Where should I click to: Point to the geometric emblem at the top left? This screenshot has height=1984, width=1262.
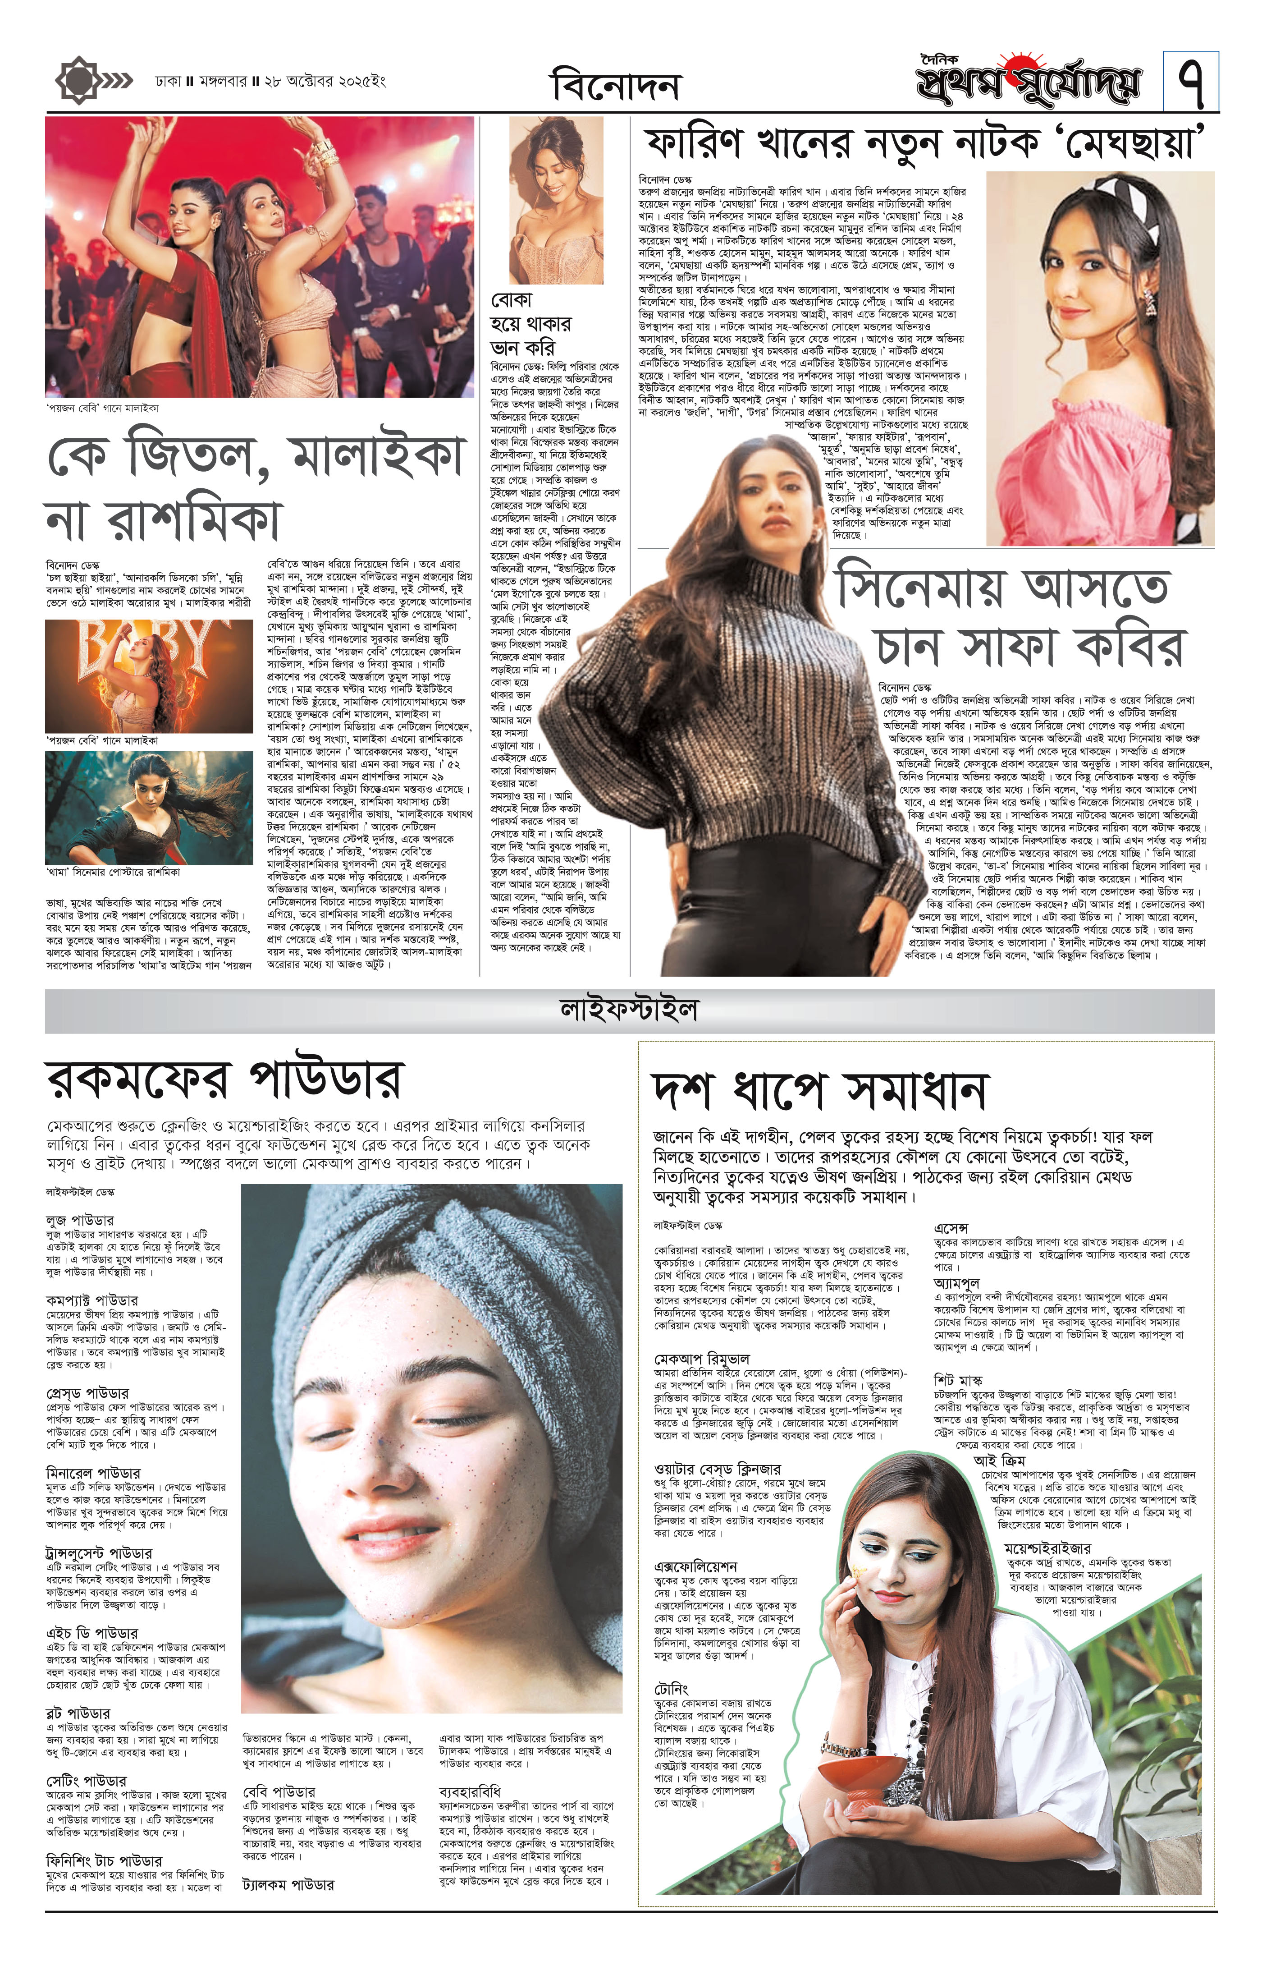[80, 80]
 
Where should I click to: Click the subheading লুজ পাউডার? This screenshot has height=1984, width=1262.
[80, 1219]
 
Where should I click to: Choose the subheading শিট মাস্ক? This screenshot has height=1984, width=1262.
[958, 1378]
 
